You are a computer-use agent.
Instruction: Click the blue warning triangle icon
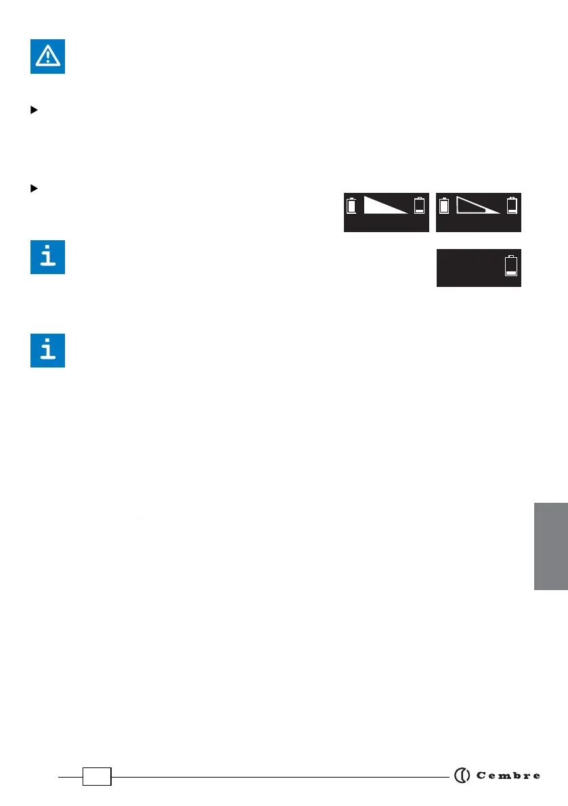point(47,56)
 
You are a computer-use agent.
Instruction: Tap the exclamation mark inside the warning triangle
point(47,58)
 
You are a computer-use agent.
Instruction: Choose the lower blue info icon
point(47,350)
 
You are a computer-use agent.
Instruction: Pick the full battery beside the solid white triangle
point(351,206)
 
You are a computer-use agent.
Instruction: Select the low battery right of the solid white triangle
point(420,206)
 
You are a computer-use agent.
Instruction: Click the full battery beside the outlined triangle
point(444,206)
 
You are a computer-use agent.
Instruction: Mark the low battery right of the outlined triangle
point(512,206)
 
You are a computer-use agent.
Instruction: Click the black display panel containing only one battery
point(479,268)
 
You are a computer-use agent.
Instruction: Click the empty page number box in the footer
point(97,777)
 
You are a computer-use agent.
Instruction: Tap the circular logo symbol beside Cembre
point(462,776)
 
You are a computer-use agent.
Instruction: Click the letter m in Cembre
point(498,776)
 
